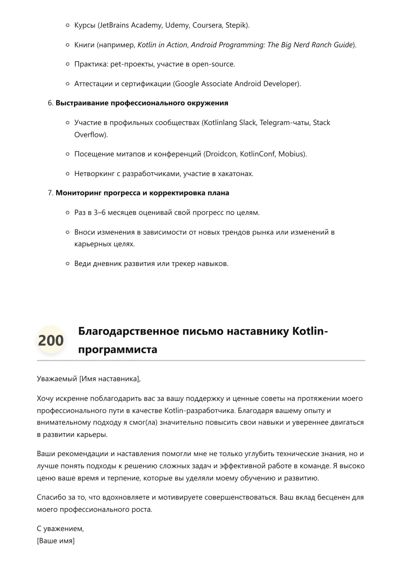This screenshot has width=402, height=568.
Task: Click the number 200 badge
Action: click(51, 340)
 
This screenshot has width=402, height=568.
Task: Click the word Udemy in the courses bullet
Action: click(177, 25)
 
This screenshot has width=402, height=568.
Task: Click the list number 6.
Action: click(50, 103)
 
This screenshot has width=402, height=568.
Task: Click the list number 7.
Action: click(50, 193)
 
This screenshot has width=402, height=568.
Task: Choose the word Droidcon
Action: click(220, 154)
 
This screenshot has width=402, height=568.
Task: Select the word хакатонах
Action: click(238, 174)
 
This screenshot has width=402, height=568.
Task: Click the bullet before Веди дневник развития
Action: click(67, 264)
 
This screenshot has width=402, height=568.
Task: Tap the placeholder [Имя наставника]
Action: click(110, 378)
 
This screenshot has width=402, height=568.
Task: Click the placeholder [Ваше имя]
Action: click(56, 541)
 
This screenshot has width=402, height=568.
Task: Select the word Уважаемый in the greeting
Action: click(57, 378)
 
